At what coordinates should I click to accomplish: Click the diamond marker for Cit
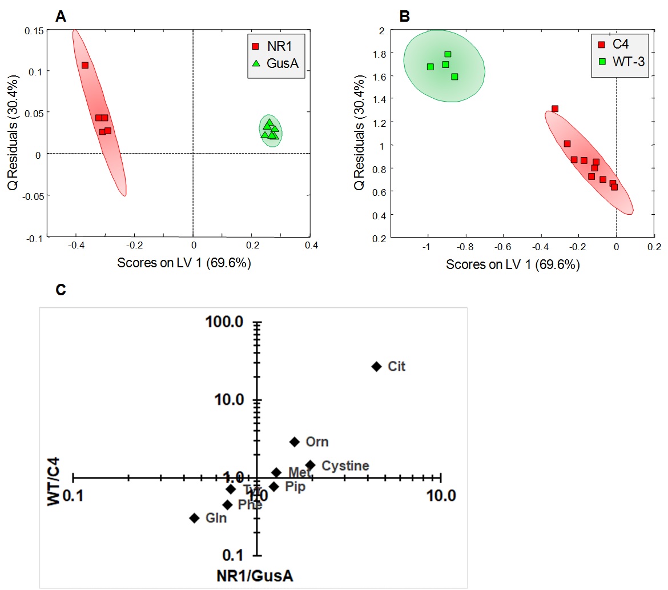point(376,366)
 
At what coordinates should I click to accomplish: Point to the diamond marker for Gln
point(194,518)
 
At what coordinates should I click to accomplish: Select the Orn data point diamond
point(295,442)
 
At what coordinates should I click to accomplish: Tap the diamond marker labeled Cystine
point(310,465)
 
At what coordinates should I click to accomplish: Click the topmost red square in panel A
point(85,65)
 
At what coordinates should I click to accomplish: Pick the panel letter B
point(405,17)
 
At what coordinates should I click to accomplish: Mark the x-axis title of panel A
point(184,263)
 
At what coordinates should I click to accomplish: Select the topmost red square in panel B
point(554,109)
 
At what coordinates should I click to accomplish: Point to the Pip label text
point(295,487)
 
